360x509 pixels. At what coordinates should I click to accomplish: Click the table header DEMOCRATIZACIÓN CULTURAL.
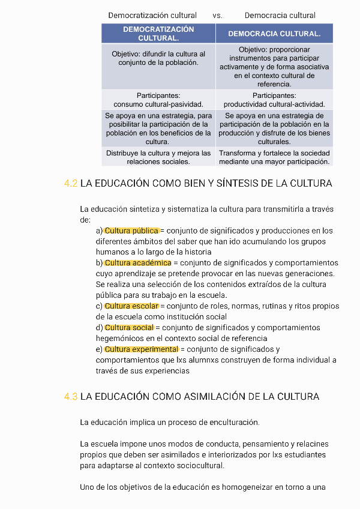point(158,34)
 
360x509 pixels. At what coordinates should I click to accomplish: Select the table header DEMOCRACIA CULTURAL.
point(274,34)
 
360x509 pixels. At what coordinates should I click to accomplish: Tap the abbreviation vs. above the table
point(217,15)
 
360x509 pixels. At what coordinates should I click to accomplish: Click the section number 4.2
point(71,184)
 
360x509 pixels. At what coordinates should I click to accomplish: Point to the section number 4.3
point(71,397)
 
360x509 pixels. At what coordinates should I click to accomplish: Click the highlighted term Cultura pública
point(131,230)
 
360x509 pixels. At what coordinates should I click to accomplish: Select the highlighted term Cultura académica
point(138,263)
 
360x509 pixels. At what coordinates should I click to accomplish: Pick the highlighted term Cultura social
point(129,328)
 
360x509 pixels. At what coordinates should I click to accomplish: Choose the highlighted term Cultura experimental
point(141,349)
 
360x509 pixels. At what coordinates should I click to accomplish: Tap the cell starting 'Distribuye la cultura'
point(158,157)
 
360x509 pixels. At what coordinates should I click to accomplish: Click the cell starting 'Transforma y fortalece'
point(274,157)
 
